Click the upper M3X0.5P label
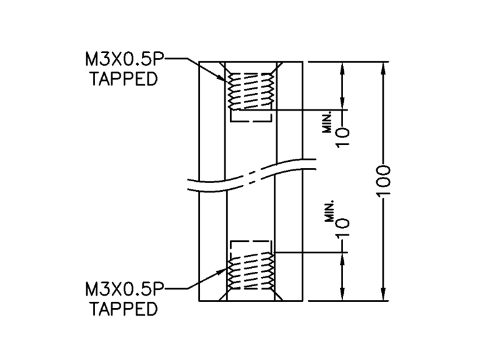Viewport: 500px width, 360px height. click(x=124, y=61)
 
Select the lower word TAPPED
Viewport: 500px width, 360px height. click(x=124, y=308)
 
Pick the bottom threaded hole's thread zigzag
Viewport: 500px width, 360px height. click(x=249, y=273)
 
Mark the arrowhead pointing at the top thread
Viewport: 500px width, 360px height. click(x=226, y=79)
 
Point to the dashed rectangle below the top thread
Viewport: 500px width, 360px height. click(x=249, y=116)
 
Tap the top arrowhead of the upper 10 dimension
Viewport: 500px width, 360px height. click(x=343, y=67)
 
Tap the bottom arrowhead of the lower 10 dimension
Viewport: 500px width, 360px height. click(x=343, y=295)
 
